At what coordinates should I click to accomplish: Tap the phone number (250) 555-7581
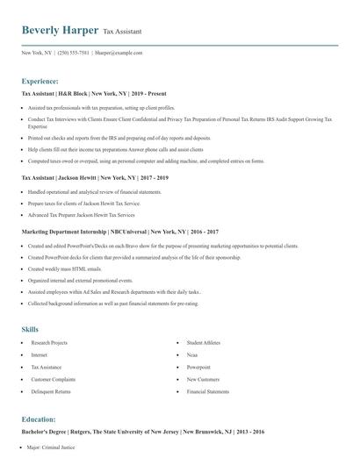pos(73,53)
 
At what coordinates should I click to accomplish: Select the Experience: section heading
pos(40,81)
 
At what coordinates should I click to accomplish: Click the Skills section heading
pos(30,329)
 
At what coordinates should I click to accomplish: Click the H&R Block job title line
pos(94,93)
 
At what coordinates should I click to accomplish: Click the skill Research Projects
pos(49,342)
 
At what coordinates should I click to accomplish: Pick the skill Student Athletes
pos(205,342)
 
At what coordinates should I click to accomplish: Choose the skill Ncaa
pos(192,354)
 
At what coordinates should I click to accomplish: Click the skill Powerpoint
pos(198,367)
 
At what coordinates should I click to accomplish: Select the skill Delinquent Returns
pos(50,391)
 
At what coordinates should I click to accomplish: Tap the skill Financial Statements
pos(208,391)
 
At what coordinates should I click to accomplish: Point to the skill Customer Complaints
pos(52,379)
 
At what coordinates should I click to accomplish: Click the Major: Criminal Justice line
pos(54,447)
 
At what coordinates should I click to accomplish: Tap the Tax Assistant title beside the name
pos(122,32)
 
